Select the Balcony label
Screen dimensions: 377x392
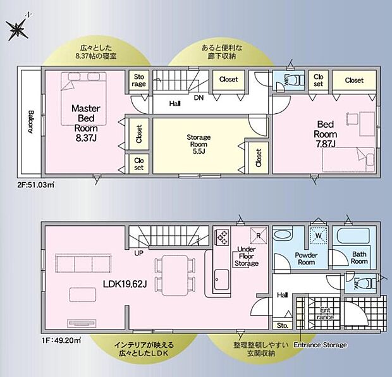(31, 121)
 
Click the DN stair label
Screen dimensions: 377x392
(199, 98)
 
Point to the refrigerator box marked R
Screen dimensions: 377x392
(257, 234)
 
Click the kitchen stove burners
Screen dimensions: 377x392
(223, 237)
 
